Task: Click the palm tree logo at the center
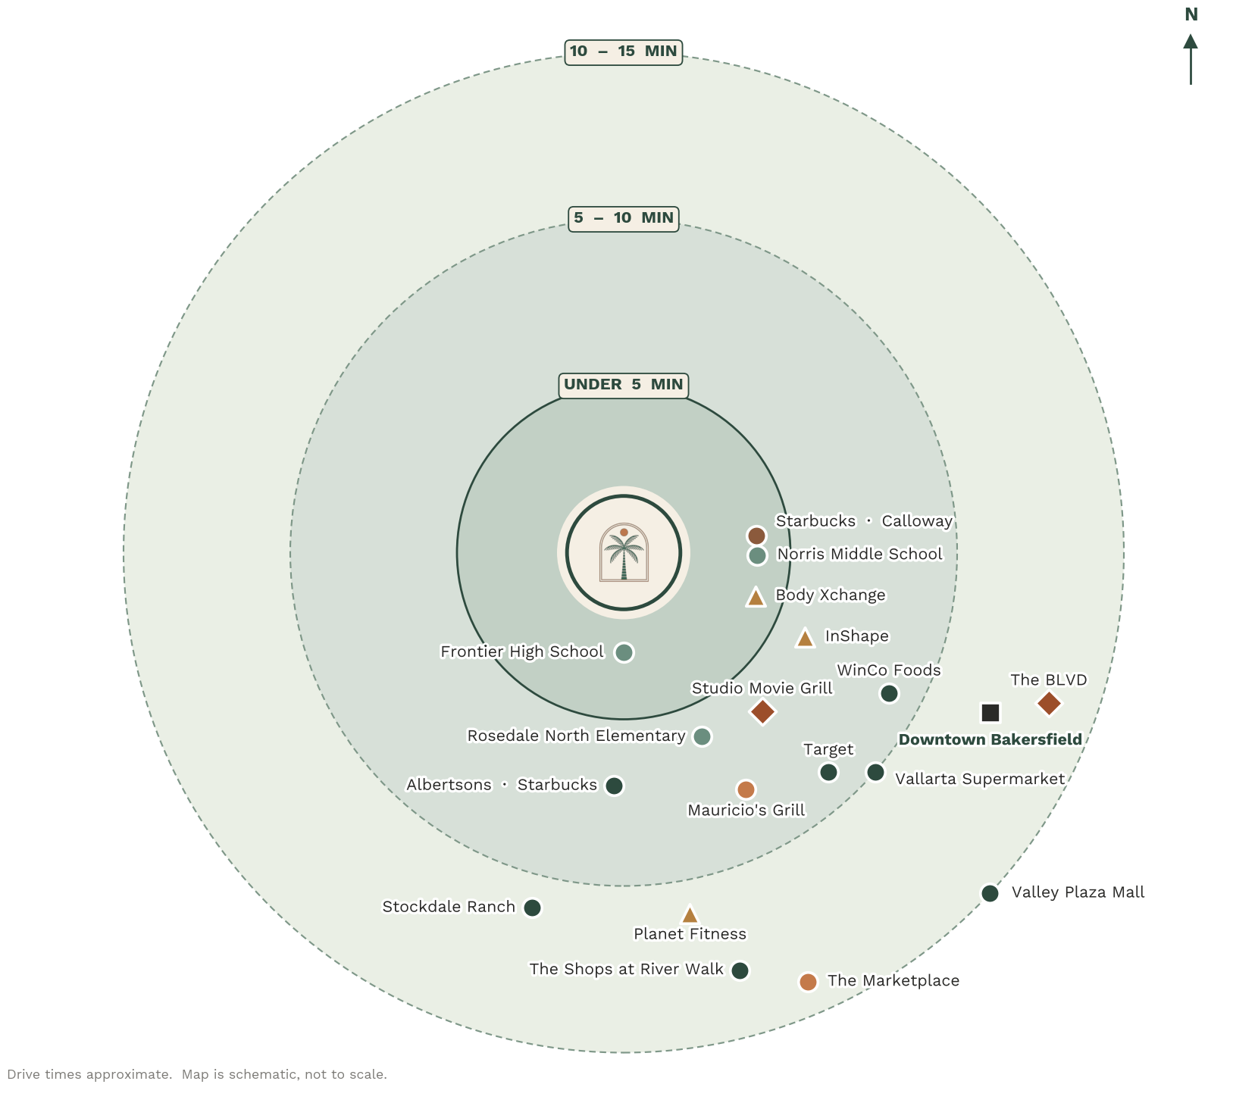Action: click(x=624, y=552)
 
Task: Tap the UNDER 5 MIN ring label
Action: click(x=624, y=385)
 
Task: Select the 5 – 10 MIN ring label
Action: click(x=624, y=218)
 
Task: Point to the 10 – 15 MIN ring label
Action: click(x=624, y=52)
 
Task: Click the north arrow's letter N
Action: click(x=1191, y=14)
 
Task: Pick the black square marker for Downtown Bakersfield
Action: click(x=990, y=713)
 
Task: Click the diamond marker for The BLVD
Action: click(x=1049, y=703)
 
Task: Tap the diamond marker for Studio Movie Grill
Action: click(x=762, y=711)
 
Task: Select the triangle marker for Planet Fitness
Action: click(x=690, y=914)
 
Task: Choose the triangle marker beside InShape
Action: click(x=805, y=638)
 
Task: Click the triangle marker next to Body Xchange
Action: click(x=756, y=597)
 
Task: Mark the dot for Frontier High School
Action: click(x=624, y=652)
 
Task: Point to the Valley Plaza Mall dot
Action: click(x=990, y=893)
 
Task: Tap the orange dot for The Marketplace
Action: click(x=808, y=982)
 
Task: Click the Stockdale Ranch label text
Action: click(x=449, y=907)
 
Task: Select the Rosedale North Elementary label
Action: click(x=576, y=736)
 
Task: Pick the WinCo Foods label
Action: click(x=889, y=670)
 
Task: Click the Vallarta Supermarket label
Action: click(x=980, y=779)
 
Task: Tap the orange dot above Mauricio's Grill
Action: click(x=746, y=789)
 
